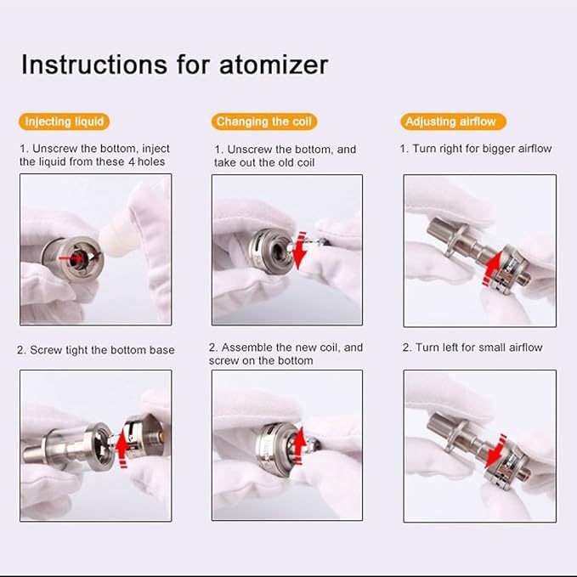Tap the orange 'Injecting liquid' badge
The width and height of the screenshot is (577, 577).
point(65,122)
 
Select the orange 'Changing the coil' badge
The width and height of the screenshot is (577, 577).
point(264,122)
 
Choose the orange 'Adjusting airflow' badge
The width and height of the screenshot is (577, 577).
point(450,122)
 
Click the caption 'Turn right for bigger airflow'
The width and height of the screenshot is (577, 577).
point(476,149)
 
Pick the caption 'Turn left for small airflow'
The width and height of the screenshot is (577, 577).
point(472,348)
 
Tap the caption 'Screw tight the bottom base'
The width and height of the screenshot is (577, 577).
point(95,350)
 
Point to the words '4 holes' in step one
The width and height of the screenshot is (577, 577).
point(145,161)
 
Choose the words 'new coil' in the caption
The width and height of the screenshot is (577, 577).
point(319,348)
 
